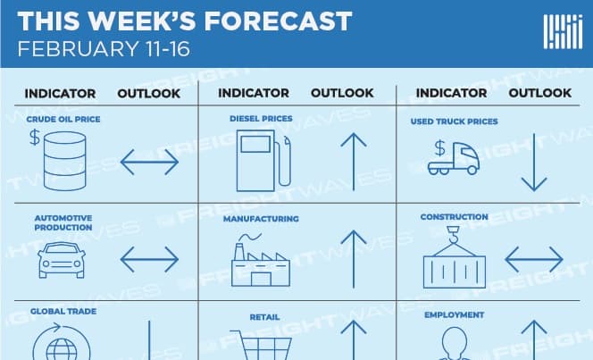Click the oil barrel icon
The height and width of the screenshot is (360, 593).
pyautogui.click(x=64, y=161)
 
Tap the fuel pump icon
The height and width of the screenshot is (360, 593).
pyautogui.click(x=263, y=161)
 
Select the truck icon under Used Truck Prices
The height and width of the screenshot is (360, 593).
pyautogui.click(x=454, y=158)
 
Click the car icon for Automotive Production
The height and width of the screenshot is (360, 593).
pyautogui.click(x=62, y=260)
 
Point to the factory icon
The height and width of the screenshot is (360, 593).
pyautogui.click(x=261, y=260)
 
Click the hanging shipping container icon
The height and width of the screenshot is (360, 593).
pyautogui.click(x=455, y=257)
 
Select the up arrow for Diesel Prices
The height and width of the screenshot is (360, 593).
pyautogui.click(x=354, y=162)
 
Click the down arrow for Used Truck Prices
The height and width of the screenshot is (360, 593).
pyautogui.click(x=534, y=162)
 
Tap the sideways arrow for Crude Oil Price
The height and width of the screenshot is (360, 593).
pyautogui.click(x=149, y=162)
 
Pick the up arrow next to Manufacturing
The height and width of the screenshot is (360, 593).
pyautogui.click(x=354, y=259)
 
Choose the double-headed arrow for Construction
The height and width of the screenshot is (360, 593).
pyautogui.click(x=534, y=259)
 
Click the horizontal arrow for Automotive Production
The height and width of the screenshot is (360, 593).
pyautogui.click(x=149, y=259)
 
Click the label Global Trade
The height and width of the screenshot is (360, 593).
pyautogui.click(x=63, y=311)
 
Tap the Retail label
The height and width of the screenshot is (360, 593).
pyautogui.click(x=264, y=317)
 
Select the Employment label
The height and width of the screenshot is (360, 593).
pyautogui.click(x=455, y=315)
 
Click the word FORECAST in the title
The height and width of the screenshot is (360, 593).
pyautogui.click(x=279, y=21)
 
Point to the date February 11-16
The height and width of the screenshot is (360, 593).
pyautogui.click(x=104, y=49)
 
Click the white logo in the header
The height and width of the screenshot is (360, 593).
pyautogui.click(x=564, y=32)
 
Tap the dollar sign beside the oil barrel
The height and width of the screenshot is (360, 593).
pyautogui.click(x=35, y=138)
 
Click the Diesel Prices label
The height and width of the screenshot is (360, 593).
pyautogui.click(x=261, y=118)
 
